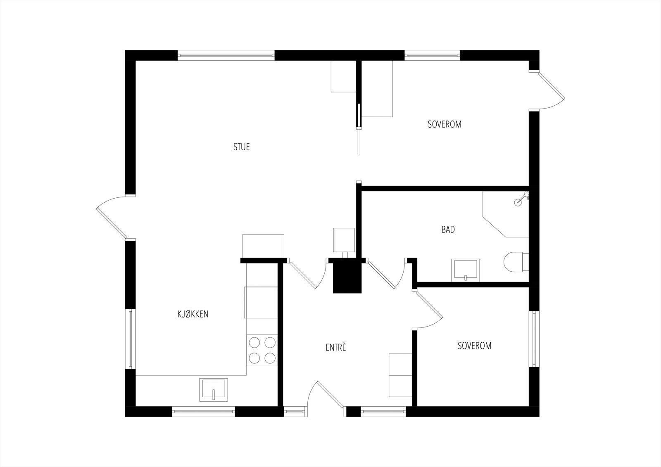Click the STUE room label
click(241, 147)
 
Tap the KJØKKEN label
click(193, 314)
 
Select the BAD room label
click(448, 230)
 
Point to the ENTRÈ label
click(336, 347)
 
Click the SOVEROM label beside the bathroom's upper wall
click(445, 124)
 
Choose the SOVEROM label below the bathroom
click(475, 346)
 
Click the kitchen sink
click(214, 389)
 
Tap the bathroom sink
click(465, 270)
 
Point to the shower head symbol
click(521, 198)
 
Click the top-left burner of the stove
click(254, 343)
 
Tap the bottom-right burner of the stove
click(270, 358)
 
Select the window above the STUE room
click(226, 55)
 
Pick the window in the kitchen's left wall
click(131, 339)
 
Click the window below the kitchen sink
click(203, 412)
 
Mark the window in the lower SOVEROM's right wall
click(534, 339)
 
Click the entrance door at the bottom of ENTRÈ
click(326, 398)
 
